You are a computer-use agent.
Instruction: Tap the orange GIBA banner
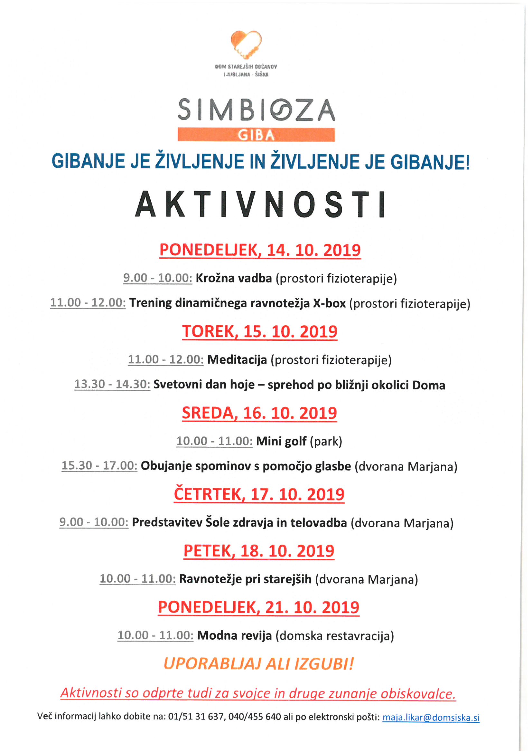256,135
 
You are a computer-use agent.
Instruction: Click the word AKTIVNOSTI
261,204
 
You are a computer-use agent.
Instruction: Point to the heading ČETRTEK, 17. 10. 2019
259,494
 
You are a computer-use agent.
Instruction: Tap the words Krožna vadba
234,278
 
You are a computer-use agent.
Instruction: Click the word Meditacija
237,360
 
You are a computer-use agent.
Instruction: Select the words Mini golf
281,441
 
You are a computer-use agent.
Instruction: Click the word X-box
329,303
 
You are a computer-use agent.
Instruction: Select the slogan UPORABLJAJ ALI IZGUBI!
259,664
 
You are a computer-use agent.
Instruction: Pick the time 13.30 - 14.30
112,384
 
